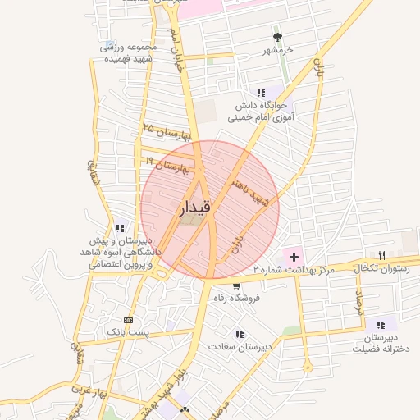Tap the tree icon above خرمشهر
[x=278, y=37]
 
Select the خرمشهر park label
[x=278, y=51]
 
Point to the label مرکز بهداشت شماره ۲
[x=295, y=270]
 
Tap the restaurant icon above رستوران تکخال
[x=381, y=256]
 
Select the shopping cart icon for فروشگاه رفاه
[x=236, y=286]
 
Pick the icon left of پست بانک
[x=127, y=319]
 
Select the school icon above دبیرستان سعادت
[x=240, y=335]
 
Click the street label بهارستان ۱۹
[x=167, y=167]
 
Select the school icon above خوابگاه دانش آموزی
[x=261, y=93]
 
